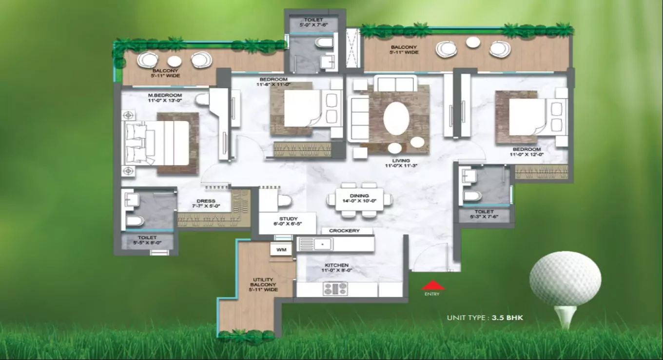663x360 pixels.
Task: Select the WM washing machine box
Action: [281, 250]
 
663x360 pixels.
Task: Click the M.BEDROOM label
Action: [165, 95]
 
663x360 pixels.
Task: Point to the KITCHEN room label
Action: [335, 265]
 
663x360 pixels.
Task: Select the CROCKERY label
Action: [344, 231]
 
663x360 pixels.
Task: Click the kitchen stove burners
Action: [335, 289]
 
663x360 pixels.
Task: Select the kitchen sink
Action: [315, 243]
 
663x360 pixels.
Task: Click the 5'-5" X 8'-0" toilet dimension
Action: [147, 243]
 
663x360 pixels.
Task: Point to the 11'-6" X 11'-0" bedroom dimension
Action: [273, 85]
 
